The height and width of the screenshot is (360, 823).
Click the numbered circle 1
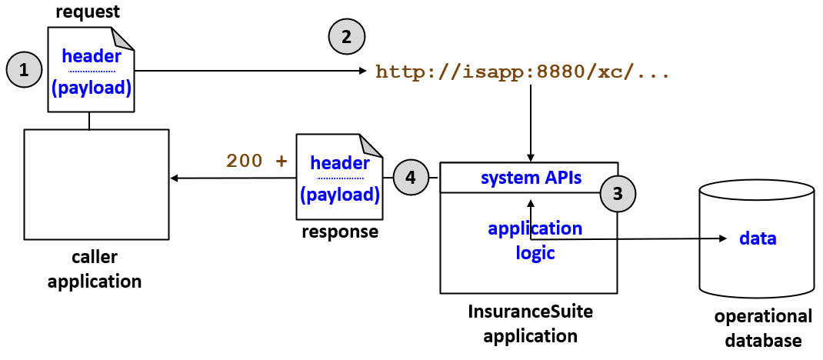(25, 70)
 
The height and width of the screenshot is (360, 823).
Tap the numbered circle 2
(347, 36)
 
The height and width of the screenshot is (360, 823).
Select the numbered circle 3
(618, 192)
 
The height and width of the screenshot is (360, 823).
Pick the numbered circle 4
(411, 177)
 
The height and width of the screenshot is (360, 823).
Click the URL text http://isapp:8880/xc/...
(522, 73)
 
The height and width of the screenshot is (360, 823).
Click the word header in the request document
(91, 56)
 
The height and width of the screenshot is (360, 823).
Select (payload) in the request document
(91, 88)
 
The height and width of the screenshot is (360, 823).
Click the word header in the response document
(339, 163)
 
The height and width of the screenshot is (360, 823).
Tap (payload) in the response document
(339, 195)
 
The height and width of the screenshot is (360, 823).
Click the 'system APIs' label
(531, 178)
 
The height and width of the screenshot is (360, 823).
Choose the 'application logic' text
(535, 240)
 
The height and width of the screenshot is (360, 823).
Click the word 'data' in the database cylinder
(758, 238)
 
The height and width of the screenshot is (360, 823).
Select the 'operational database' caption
(762, 328)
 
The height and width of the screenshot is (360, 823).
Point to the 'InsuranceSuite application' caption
(530, 324)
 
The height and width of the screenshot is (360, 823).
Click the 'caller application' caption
(95, 269)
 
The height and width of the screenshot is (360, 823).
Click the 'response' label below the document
(339, 232)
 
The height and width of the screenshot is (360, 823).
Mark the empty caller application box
(96, 184)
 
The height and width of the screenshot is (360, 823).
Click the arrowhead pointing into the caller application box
(174, 178)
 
